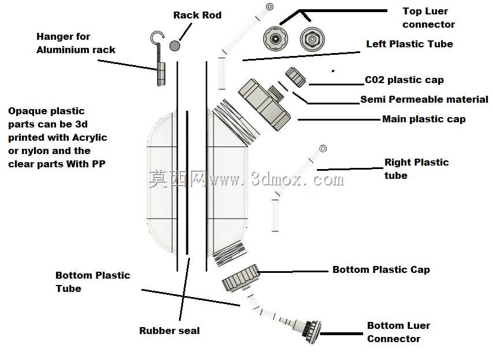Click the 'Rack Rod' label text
[x=197, y=15]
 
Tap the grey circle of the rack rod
[x=174, y=46]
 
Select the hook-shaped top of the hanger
[x=156, y=37]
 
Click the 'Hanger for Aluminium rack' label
[x=76, y=43]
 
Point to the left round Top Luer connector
[x=276, y=39]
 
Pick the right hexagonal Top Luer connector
[x=312, y=39]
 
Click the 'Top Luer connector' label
[x=428, y=17]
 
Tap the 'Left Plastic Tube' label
[x=409, y=44]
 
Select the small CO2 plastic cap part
[x=296, y=77]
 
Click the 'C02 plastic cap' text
[x=404, y=80]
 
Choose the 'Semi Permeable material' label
[x=424, y=100]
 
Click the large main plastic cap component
[x=264, y=104]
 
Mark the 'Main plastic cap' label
[x=424, y=119]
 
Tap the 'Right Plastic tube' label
[x=417, y=169]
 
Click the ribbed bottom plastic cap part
[x=241, y=278]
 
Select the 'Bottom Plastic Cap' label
[x=381, y=269]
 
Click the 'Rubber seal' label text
[x=170, y=331]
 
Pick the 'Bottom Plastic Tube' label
[x=93, y=282]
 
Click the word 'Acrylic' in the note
[x=89, y=138]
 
